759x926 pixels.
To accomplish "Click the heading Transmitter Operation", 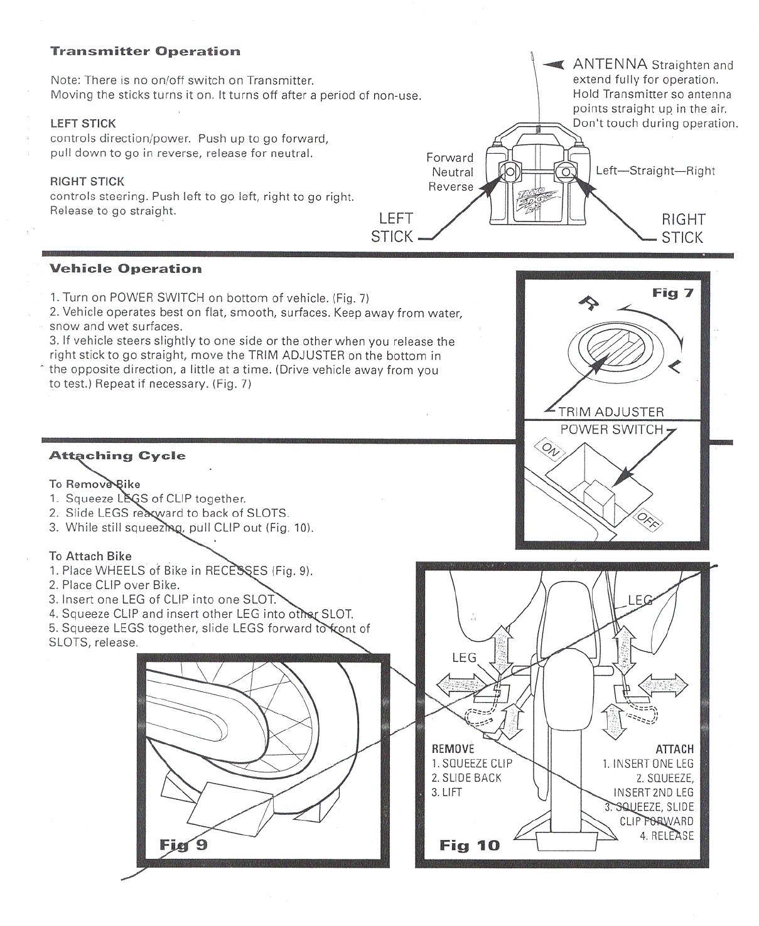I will tap(145, 51).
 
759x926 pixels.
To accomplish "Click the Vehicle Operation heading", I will tap(126, 269).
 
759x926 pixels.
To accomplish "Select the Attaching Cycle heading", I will tap(117, 455).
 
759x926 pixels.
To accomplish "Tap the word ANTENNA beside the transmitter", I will tap(610, 64).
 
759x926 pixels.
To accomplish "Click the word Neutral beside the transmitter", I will tap(452, 172).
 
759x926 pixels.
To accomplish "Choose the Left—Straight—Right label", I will tap(655, 171).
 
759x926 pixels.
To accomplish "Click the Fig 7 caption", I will tap(672, 293).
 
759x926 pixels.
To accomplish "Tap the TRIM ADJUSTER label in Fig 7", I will tap(611, 412).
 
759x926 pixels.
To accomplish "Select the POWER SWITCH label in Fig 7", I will tap(611, 430).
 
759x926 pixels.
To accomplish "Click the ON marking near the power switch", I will tap(551, 449).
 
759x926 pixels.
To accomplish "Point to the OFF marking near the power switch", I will tap(647, 520).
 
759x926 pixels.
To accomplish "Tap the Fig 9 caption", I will tap(183, 844).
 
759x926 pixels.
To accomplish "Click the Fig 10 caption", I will tap(469, 845).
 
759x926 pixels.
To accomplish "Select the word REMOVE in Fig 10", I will tap(453, 749).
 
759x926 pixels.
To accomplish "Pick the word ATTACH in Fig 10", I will tap(674, 749).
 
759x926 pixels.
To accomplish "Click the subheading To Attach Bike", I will tap(90, 556).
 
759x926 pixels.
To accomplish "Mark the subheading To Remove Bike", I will tap(94, 484).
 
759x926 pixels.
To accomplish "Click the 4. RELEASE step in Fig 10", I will tap(667, 836).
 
